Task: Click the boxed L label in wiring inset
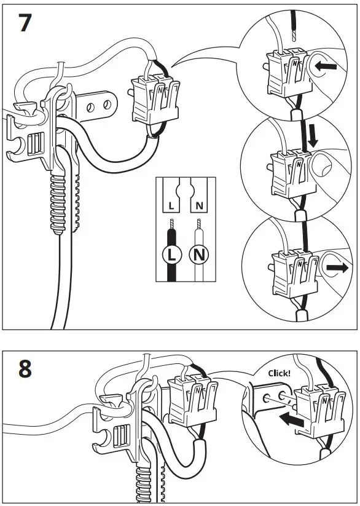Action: click(x=171, y=204)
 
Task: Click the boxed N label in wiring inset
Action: click(x=198, y=204)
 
